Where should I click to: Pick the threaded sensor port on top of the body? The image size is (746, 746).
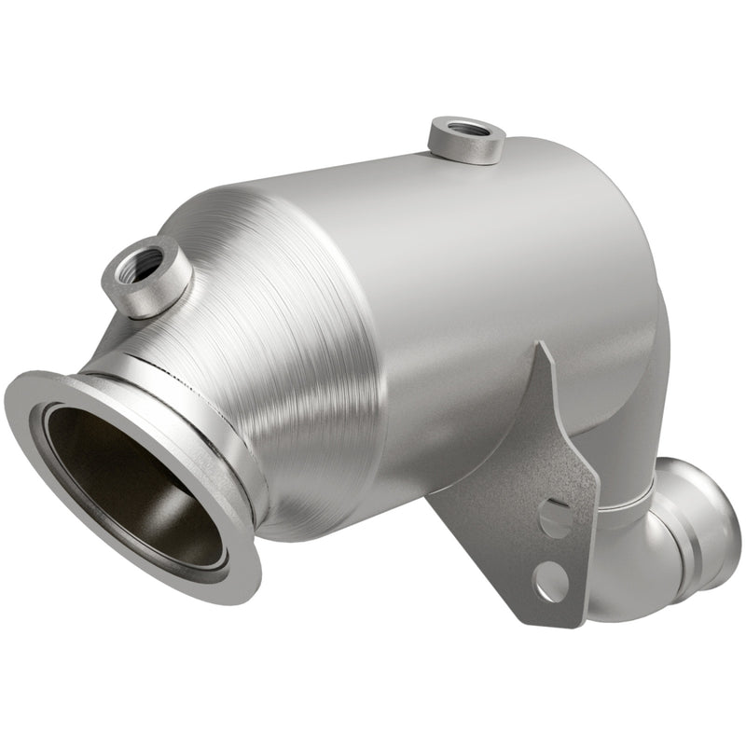tap(467, 140)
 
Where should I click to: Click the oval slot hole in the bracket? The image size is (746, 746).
tap(556, 517)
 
